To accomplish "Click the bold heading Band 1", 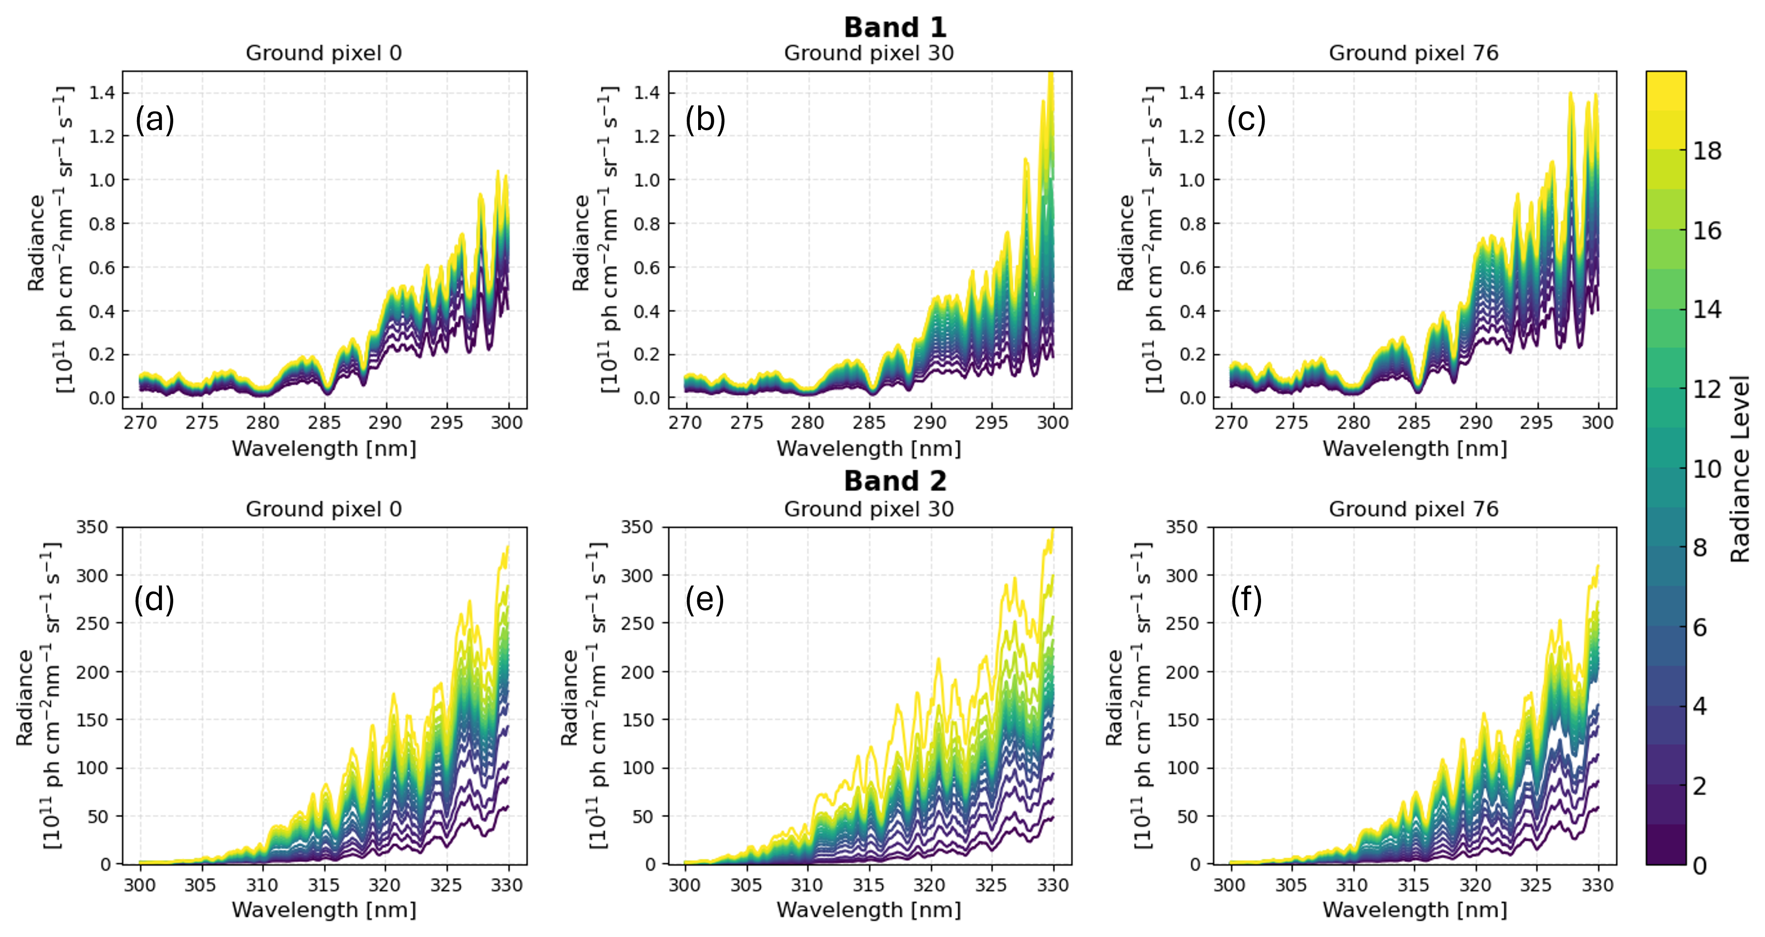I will coord(895,27).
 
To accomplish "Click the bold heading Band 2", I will coord(895,481).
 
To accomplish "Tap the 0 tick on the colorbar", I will coord(1700,866).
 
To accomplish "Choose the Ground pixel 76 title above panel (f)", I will coord(1414,509).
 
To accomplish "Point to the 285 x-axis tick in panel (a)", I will coord(324,423).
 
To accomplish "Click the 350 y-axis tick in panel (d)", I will coord(92,527).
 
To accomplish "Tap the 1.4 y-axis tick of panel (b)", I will coord(645,92).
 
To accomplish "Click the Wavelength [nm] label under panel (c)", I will coord(1414,449).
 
